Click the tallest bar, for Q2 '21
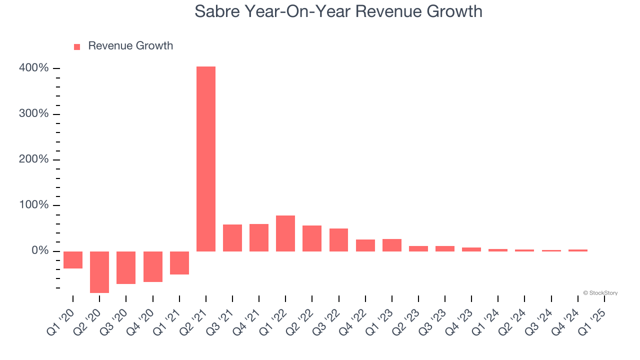click(x=206, y=158)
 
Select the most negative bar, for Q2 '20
click(x=99, y=272)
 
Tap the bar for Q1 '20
click(x=73, y=260)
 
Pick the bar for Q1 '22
click(x=285, y=233)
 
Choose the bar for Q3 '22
click(x=338, y=239)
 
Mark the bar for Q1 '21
click(x=179, y=263)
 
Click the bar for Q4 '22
click(x=365, y=245)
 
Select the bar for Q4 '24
click(x=578, y=250)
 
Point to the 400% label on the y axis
click(x=34, y=68)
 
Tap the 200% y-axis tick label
click(x=34, y=159)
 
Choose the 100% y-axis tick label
click(x=34, y=205)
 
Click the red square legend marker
click(x=77, y=46)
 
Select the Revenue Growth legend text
click(x=130, y=46)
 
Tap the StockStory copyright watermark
click(x=600, y=293)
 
